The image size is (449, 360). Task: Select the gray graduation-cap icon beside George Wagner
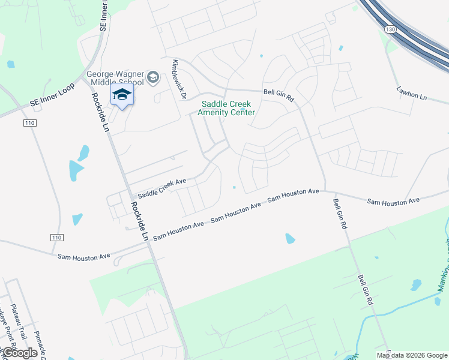point(152,77)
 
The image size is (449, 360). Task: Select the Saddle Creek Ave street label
point(162,188)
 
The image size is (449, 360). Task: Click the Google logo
point(20,353)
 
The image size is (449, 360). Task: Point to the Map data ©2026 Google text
point(411,355)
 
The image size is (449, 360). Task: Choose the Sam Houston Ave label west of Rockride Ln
point(84,256)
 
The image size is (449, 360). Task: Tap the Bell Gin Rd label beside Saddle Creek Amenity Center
point(279,95)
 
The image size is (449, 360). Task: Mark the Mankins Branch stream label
point(444,246)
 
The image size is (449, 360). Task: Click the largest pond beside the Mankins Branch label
point(415,284)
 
